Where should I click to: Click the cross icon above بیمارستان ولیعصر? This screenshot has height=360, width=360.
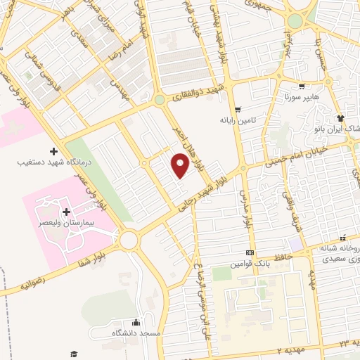pos(66,212)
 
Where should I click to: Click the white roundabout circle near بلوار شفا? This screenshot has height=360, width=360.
pos(129,240)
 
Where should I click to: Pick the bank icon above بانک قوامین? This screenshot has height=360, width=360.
pos(249,252)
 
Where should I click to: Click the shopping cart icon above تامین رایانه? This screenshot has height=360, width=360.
pos(238,109)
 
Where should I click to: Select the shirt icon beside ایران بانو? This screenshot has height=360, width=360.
pos(340,117)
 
